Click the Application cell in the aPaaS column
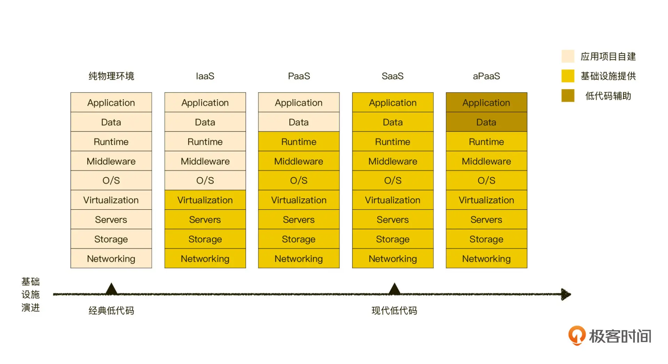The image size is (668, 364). tap(486, 103)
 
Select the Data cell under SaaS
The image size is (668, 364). tap(392, 122)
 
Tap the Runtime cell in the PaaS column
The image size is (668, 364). tap(299, 141)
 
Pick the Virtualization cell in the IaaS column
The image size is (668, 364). tap(205, 200)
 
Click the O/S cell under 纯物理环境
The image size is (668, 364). tap(111, 180)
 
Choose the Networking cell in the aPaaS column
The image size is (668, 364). tap(486, 258)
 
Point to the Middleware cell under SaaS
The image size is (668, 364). tap(392, 161)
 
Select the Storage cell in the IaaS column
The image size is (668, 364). tap(205, 239)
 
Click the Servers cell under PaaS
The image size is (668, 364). tap(299, 219)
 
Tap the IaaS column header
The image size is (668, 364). tap(205, 76)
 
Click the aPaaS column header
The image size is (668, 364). tap(486, 76)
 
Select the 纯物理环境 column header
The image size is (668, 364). tap(111, 76)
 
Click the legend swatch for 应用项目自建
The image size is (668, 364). tap(567, 56)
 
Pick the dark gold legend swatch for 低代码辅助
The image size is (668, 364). tap(567, 96)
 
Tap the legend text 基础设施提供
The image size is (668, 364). tap(608, 76)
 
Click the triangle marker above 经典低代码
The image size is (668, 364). tap(111, 289)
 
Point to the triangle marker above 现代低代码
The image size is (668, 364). tap(394, 289)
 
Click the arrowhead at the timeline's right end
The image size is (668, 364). tap(566, 294)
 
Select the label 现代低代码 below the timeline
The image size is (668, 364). tap(394, 310)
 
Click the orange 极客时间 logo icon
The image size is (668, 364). tap(576, 335)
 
